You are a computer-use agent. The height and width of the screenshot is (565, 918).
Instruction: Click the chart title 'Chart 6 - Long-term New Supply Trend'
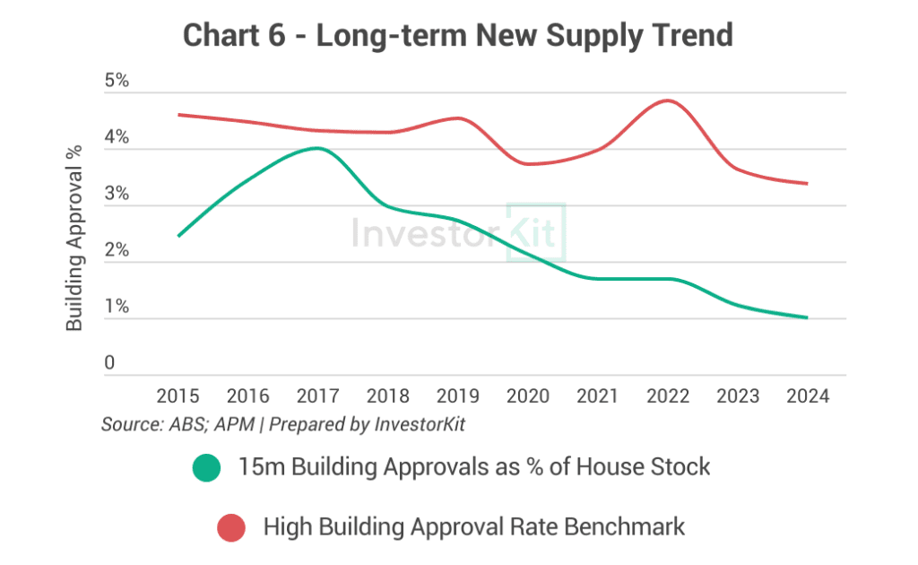point(458,35)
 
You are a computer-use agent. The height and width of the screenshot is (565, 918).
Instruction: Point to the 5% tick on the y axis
point(117,82)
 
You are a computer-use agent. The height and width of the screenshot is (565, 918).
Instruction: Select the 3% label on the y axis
point(117,195)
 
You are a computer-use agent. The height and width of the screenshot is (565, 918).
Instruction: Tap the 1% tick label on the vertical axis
point(117,308)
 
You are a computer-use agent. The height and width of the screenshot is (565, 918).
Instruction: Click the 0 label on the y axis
point(109,363)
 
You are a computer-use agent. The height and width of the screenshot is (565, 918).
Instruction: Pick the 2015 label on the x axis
point(179,395)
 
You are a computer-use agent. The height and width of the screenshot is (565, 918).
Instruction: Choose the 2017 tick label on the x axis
point(318,395)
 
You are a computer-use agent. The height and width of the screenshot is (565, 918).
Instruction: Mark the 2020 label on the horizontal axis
point(528,395)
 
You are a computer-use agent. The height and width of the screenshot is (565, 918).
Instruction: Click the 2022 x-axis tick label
point(668,395)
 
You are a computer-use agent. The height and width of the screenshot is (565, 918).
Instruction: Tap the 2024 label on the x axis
point(807,395)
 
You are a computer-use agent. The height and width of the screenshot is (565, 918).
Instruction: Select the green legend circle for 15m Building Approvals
point(205,467)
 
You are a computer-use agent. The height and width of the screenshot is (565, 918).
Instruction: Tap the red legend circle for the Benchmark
point(231,528)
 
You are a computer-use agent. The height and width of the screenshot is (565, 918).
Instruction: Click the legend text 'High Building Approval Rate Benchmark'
point(473,527)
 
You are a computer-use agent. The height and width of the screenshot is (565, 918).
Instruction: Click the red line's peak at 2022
point(668,100)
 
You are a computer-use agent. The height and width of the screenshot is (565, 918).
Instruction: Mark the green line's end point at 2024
point(808,317)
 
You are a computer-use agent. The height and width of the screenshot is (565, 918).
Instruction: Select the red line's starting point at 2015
point(179,115)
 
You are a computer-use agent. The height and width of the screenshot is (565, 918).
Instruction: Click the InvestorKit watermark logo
point(458,232)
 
